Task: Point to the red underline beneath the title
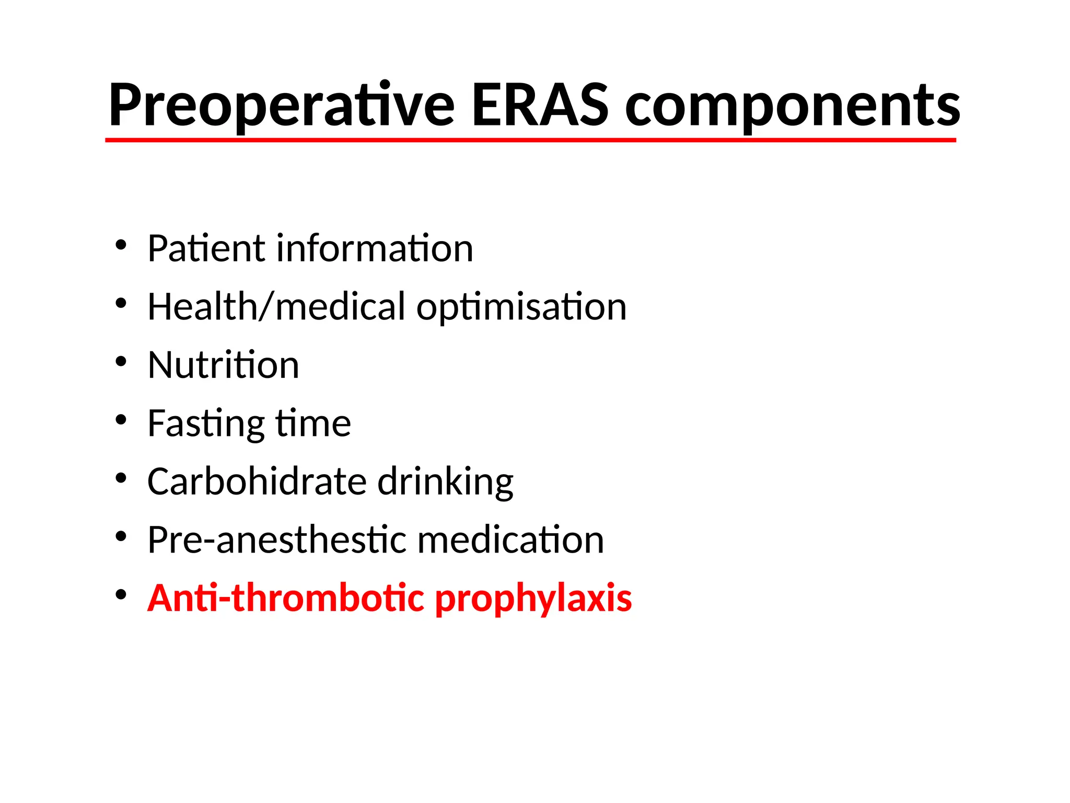tap(530, 140)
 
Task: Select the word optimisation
tap(521, 307)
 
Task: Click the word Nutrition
tap(223, 365)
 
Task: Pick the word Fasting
tap(206, 424)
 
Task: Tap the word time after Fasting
tap(313, 423)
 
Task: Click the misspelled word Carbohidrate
tap(257, 481)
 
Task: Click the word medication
tap(510, 540)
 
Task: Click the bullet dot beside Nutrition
tap(121, 361)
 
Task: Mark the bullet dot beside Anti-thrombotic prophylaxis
tap(121, 594)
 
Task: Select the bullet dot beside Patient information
tap(121, 245)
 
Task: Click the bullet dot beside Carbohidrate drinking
tap(121, 478)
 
